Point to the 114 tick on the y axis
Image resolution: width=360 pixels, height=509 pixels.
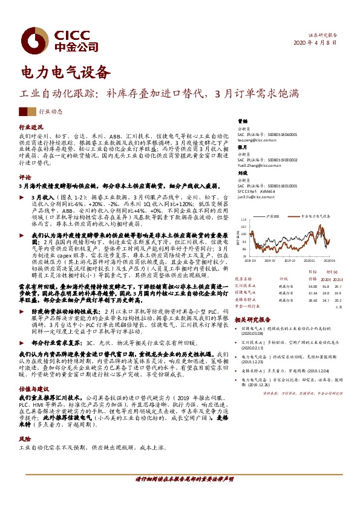pyautogui.click(x=244, y=221)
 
